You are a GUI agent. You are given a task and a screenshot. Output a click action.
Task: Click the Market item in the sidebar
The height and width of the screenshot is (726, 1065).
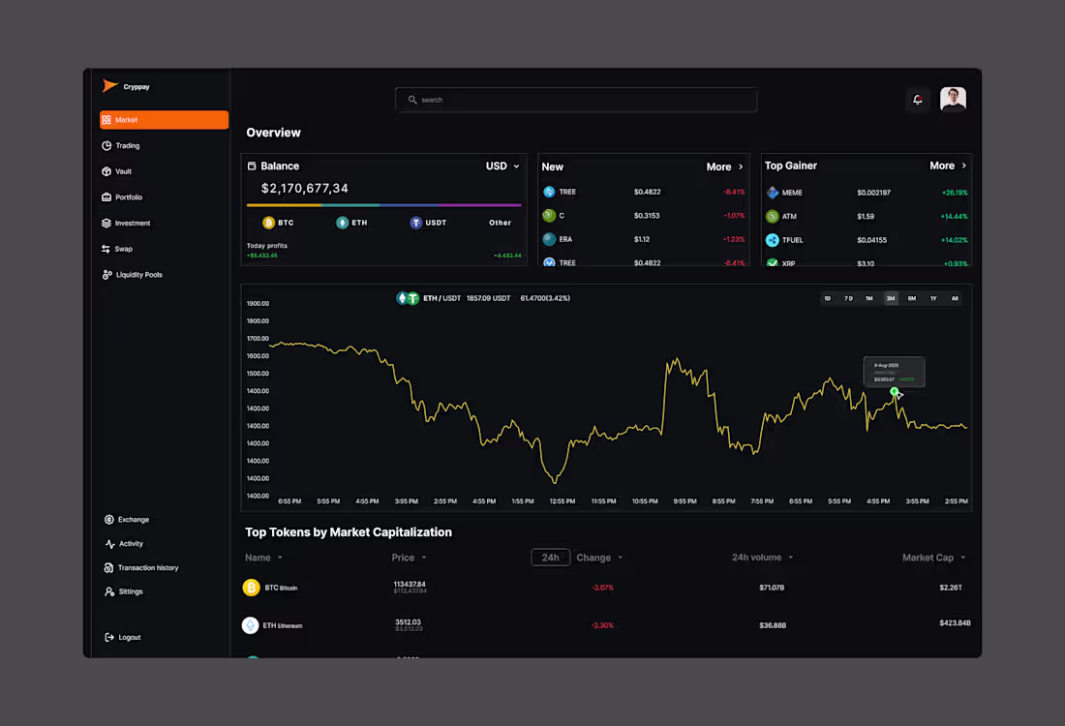[x=164, y=120]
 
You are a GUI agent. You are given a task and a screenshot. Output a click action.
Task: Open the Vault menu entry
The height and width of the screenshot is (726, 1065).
[x=123, y=171]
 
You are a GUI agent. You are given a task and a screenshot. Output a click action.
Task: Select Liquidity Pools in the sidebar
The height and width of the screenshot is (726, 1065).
[x=138, y=275]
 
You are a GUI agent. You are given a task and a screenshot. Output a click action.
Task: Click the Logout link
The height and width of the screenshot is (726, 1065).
[x=129, y=637]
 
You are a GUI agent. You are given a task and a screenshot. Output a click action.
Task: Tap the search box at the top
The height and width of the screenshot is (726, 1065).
[x=576, y=100]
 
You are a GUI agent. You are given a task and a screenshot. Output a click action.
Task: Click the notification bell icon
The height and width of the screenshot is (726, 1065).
[x=918, y=100]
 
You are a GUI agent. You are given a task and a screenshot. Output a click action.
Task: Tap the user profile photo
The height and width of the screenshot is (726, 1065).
[x=953, y=99]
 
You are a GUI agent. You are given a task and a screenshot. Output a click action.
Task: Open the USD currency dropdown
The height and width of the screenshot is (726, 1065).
[x=502, y=166]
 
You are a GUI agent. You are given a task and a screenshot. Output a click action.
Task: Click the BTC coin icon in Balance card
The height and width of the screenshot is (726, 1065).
[x=269, y=223]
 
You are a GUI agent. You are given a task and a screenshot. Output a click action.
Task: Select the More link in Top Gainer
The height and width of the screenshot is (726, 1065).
[x=948, y=166]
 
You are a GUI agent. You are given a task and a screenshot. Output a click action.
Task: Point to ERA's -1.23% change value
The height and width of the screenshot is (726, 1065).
[x=734, y=239]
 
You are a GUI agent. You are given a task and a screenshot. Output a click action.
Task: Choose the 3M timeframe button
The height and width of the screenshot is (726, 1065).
[x=891, y=298]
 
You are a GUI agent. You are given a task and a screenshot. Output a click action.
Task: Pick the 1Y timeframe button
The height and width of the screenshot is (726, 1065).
[x=933, y=298]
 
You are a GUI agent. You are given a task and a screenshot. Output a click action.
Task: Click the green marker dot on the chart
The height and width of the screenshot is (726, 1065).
[x=895, y=391]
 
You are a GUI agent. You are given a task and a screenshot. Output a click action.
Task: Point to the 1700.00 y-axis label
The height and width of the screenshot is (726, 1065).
[x=258, y=339]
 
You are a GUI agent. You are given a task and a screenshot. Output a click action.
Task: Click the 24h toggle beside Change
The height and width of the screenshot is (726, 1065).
[x=550, y=558]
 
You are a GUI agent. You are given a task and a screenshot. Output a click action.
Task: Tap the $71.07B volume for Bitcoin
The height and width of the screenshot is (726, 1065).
[x=772, y=588]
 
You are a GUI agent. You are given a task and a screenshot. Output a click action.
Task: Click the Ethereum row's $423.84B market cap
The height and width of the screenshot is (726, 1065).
[x=955, y=623]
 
